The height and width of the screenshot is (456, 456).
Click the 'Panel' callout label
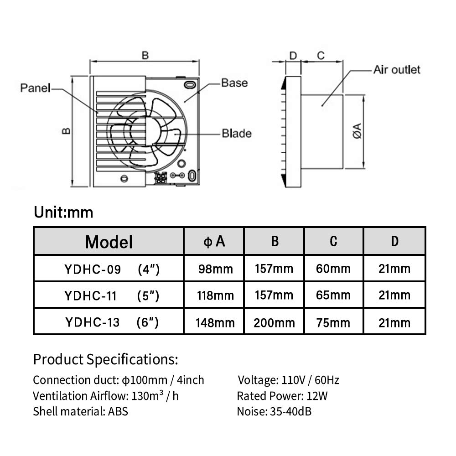(x=35, y=88)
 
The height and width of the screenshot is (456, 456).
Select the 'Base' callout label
(x=234, y=83)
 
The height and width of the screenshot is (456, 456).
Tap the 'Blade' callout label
(x=236, y=134)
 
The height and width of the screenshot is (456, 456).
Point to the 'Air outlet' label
(x=396, y=70)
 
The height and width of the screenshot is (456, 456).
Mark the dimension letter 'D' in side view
(x=293, y=56)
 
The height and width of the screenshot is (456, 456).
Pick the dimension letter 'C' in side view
(x=321, y=56)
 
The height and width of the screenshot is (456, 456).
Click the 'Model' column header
(x=109, y=242)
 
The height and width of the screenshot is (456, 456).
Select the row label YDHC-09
(x=93, y=269)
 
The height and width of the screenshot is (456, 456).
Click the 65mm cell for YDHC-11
(x=333, y=295)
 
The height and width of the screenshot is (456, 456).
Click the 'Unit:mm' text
(x=63, y=212)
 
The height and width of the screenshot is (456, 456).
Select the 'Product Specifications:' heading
(x=105, y=359)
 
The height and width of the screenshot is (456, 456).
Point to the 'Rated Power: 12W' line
(x=282, y=396)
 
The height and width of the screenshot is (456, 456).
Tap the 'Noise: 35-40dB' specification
(x=274, y=411)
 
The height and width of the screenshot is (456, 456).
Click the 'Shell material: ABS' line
(x=80, y=411)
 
